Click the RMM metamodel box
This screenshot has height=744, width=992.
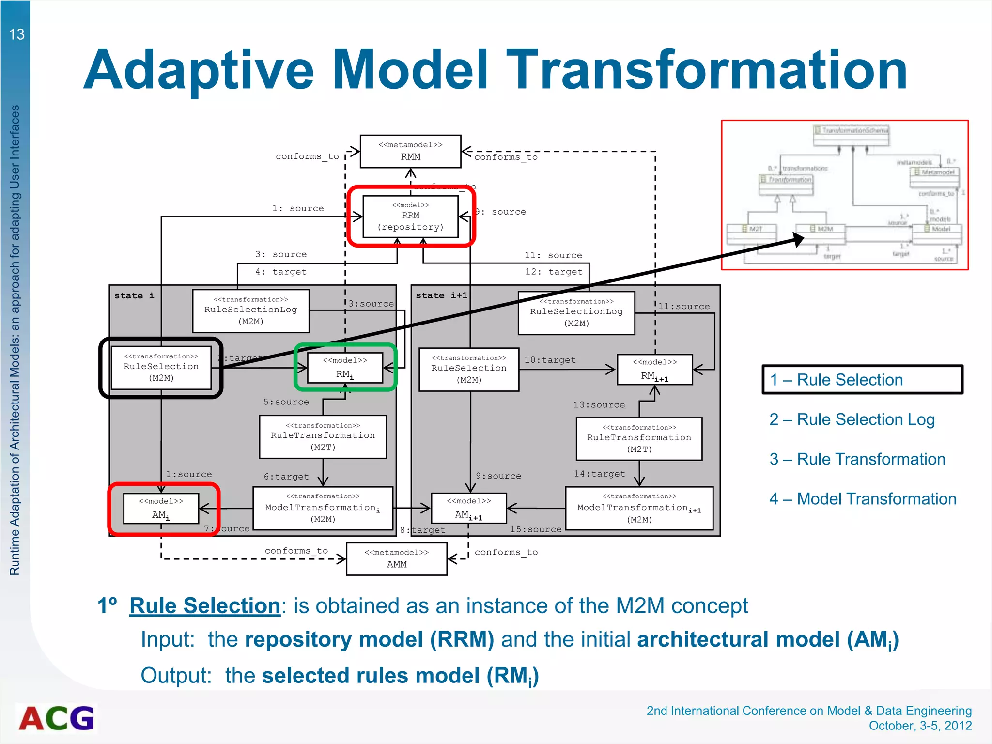410,152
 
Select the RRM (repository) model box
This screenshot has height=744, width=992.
410,216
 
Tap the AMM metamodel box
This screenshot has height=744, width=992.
397,559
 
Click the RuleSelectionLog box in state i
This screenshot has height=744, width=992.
250,311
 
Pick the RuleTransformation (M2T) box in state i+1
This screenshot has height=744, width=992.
639,438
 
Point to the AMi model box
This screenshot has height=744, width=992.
161,509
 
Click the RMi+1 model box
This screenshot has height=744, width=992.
654,370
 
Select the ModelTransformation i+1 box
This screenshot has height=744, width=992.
639,508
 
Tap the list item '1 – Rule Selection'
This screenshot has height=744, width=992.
837,380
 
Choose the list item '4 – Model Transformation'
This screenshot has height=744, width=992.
863,499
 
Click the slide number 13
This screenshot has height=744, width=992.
16,34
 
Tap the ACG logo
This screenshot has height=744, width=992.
57,718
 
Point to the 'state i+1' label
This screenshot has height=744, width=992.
441,295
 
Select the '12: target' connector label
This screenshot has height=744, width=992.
554,272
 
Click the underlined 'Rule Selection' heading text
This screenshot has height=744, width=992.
205,606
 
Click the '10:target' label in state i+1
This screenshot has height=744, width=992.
550,360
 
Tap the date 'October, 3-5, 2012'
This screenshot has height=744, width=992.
920,726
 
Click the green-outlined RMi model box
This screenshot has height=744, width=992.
345,368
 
